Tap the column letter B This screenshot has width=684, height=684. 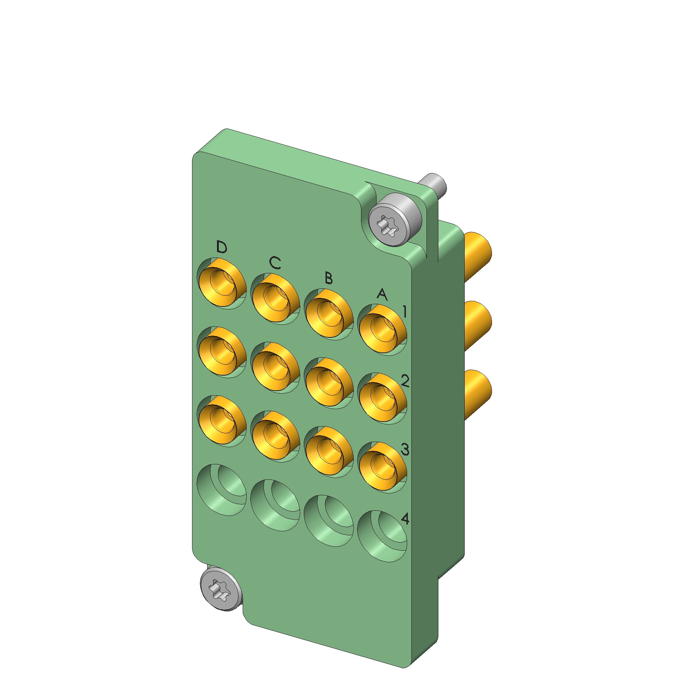pos(329,278)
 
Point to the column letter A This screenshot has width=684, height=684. pos(382,294)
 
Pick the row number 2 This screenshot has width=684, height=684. pos(405,380)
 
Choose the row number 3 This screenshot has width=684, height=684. pos(405,450)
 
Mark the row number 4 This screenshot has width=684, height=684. pos(405,519)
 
